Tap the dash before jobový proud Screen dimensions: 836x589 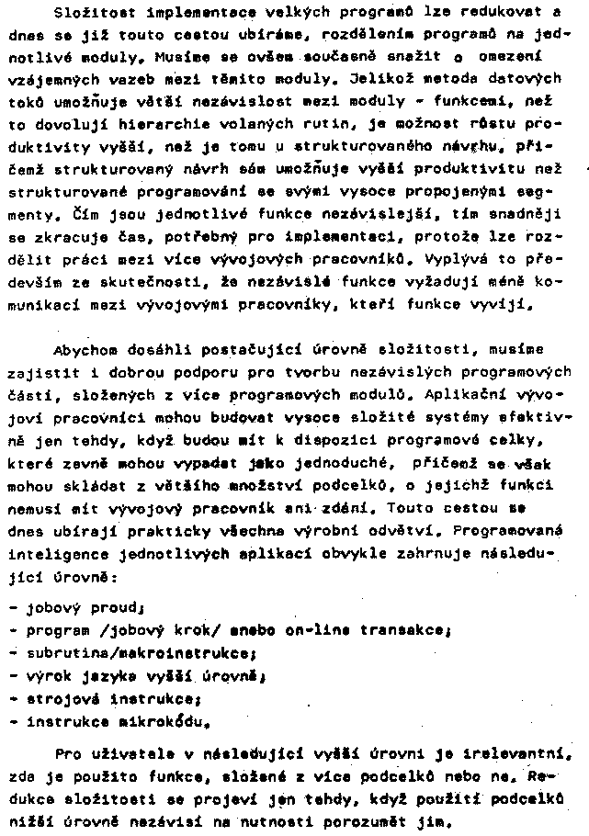(11, 608)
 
